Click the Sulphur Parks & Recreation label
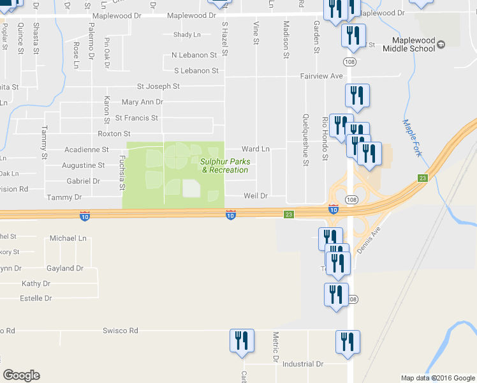point(224,165)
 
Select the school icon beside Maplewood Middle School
point(441,43)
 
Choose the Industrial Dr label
point(303,364)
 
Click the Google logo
point(21,375)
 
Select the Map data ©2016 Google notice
point(437,377)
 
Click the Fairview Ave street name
point(321,76)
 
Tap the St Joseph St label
point(158,86)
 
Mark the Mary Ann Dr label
point(142,101)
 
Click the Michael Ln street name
point(68,238)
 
